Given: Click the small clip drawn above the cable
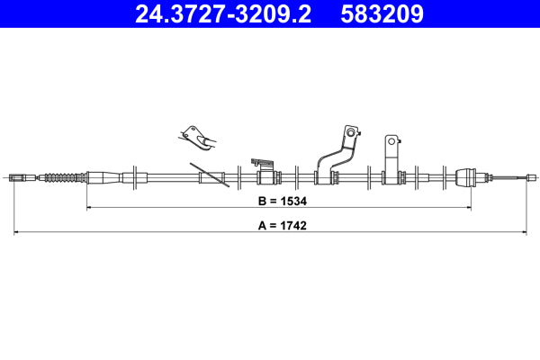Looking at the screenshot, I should (x=197, y=136).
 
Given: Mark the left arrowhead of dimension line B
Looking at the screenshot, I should (x=89, y=208).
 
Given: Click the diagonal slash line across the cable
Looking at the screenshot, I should (x=209, y=175).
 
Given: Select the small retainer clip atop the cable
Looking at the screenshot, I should (x=262, y=164).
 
